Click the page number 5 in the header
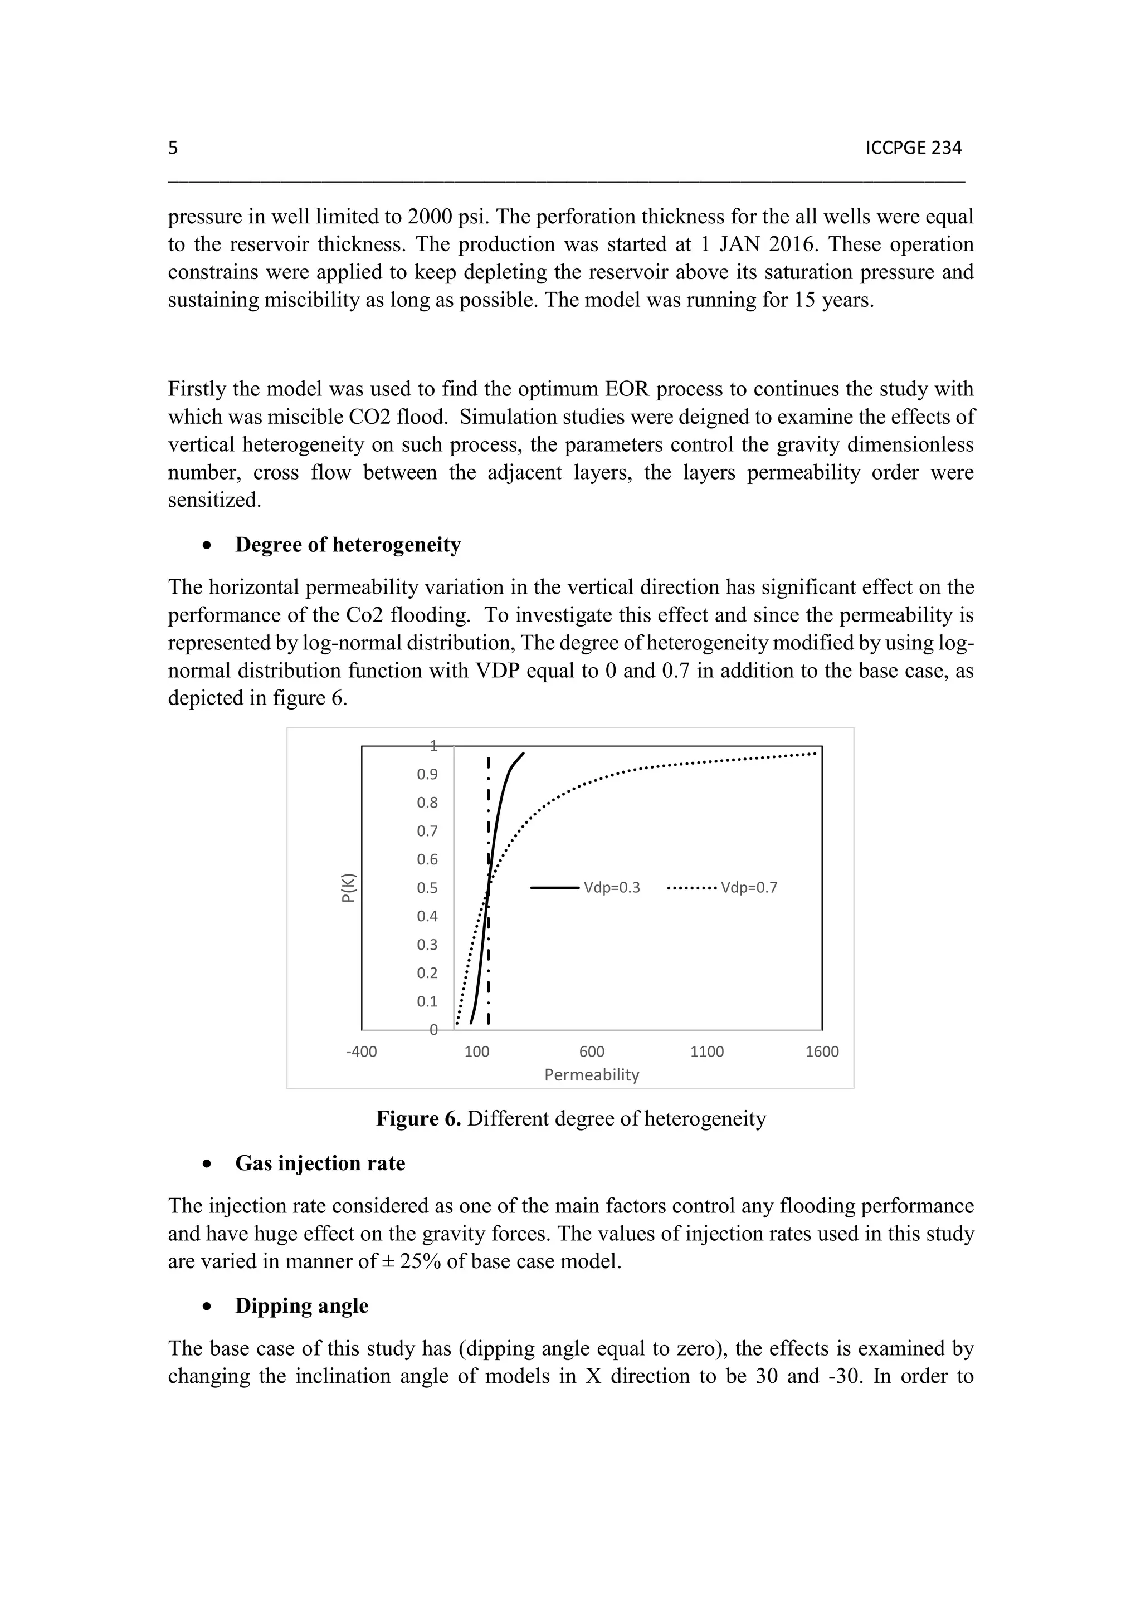(x=173, y=148)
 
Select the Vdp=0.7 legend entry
(x=722, y=887)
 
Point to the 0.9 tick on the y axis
(x=427, y=775)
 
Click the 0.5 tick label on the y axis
(x=427, y=888)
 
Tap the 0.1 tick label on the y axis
(x=427, y=1001)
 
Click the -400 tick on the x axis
(x=362, y=1051)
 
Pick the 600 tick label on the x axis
(x=592, y=1051)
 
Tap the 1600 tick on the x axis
(x=822, y=1051)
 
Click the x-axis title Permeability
(x=592, y=1075)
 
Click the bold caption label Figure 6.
(x=418, y=1118)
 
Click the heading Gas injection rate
(x=320, y=1163)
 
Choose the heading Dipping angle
(x=301, y=1305)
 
